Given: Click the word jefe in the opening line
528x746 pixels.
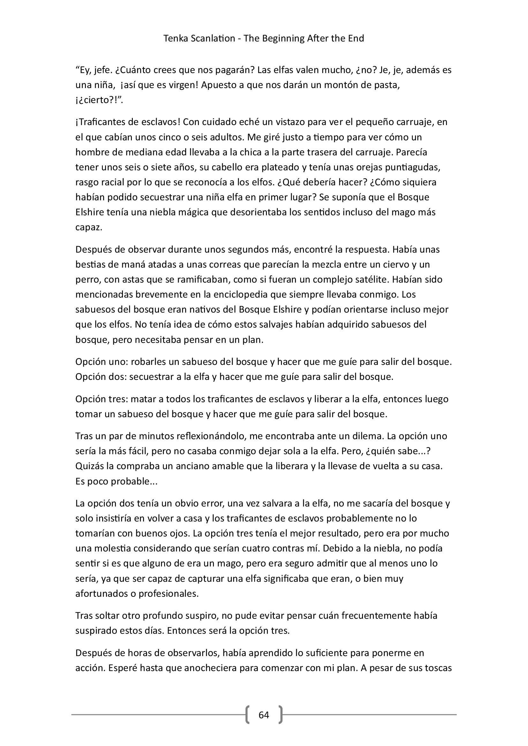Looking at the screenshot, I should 98,70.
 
